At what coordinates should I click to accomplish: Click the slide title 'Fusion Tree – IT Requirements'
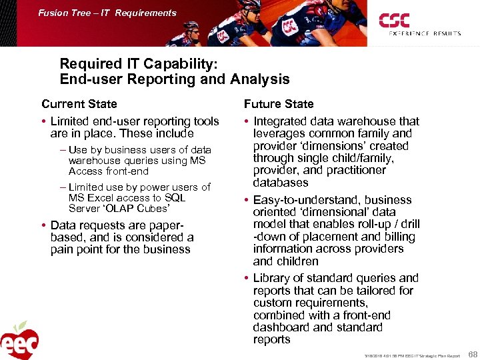click(x=107, y=13)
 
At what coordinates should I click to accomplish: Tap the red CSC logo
click(x=394, y=20)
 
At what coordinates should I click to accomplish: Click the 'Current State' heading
click(x=79, y=104)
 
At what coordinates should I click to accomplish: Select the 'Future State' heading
click(x=278, y=104)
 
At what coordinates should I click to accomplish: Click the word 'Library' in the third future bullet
click(x=273, y=278)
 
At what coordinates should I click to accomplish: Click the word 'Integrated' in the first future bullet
click(x=281, y=121)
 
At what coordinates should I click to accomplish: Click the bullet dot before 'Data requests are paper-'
click(x=44, y=225)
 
